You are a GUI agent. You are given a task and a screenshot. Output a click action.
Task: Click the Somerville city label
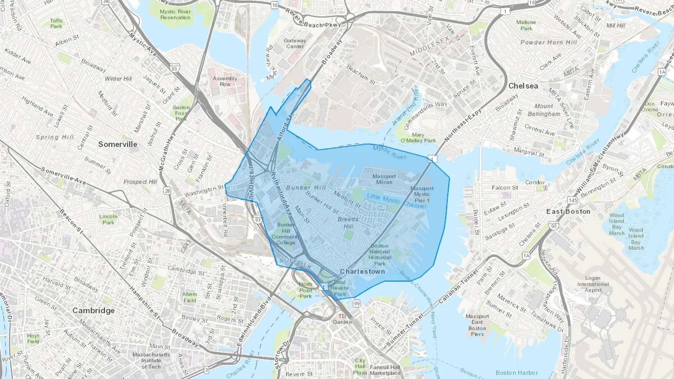(x=118, y=144)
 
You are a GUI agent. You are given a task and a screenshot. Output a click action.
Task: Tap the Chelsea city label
(x=523, y=86)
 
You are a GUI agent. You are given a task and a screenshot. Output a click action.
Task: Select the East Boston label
(x=568, y=211)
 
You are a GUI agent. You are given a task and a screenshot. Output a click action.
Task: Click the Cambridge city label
(x=93, y=311)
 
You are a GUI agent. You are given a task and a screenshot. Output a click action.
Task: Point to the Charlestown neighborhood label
(x=362, y=271)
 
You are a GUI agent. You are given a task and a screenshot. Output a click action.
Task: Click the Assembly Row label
(x=225, y=81)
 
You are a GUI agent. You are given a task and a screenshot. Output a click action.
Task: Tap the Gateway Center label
(x=295, y=43)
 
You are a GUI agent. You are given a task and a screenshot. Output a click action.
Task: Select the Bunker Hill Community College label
(x=286, y=234)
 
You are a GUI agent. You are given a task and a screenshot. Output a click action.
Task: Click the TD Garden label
(x=342, y=319)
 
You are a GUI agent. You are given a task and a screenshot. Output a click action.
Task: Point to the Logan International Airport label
(x=593, y=284)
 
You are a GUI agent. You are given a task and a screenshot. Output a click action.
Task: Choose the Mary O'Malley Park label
(x=418, y=138)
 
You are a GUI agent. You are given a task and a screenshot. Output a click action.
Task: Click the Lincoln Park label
(x=108, y=219)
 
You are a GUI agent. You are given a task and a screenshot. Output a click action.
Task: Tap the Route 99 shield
(x=356, y=303)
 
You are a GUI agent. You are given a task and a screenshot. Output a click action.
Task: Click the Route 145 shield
(x=572, y=201)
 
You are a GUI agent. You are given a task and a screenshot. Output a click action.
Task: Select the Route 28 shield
(x=167, y=191)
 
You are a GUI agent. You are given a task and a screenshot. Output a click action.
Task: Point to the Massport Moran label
(x=384, y=179)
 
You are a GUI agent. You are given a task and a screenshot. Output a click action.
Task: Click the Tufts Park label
(x=56, y=24)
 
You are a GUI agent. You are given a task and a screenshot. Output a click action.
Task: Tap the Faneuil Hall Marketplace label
(x=385, y=370)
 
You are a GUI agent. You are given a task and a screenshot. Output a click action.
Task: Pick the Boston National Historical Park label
(x=379, y=254)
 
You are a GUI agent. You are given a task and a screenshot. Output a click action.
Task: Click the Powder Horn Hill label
(x=549, y=42)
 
